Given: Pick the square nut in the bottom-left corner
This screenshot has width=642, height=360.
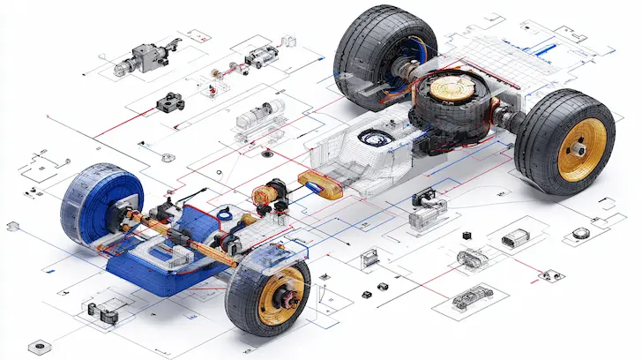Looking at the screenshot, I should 36,345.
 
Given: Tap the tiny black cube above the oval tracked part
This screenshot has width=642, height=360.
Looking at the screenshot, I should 464,236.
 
